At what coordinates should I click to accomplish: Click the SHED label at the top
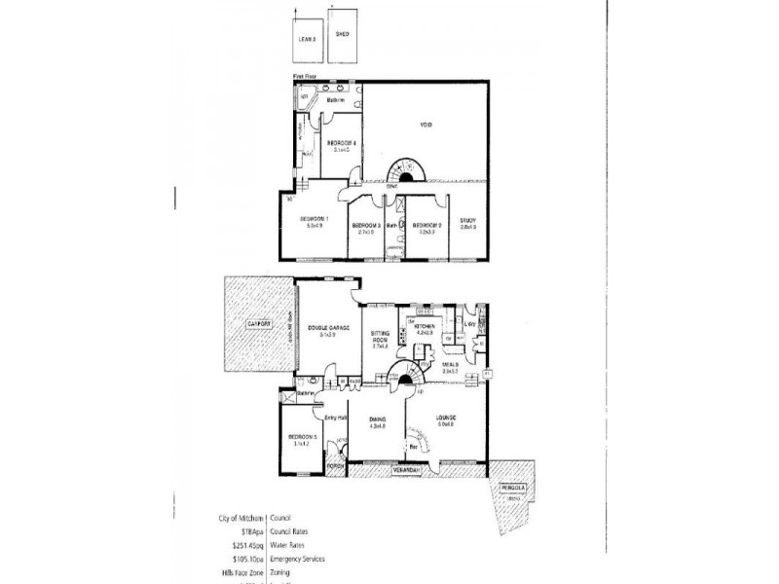[342, 33]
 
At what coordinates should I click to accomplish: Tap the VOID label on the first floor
[427, 125]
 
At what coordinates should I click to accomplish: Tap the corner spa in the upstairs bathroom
[304, 98]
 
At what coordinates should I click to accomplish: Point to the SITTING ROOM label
[380, 336]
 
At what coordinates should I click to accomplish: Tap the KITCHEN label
[427, 326]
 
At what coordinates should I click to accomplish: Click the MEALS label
[450, 366]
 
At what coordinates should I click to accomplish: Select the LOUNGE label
[447, 418]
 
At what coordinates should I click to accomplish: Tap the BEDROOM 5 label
[305, 438]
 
